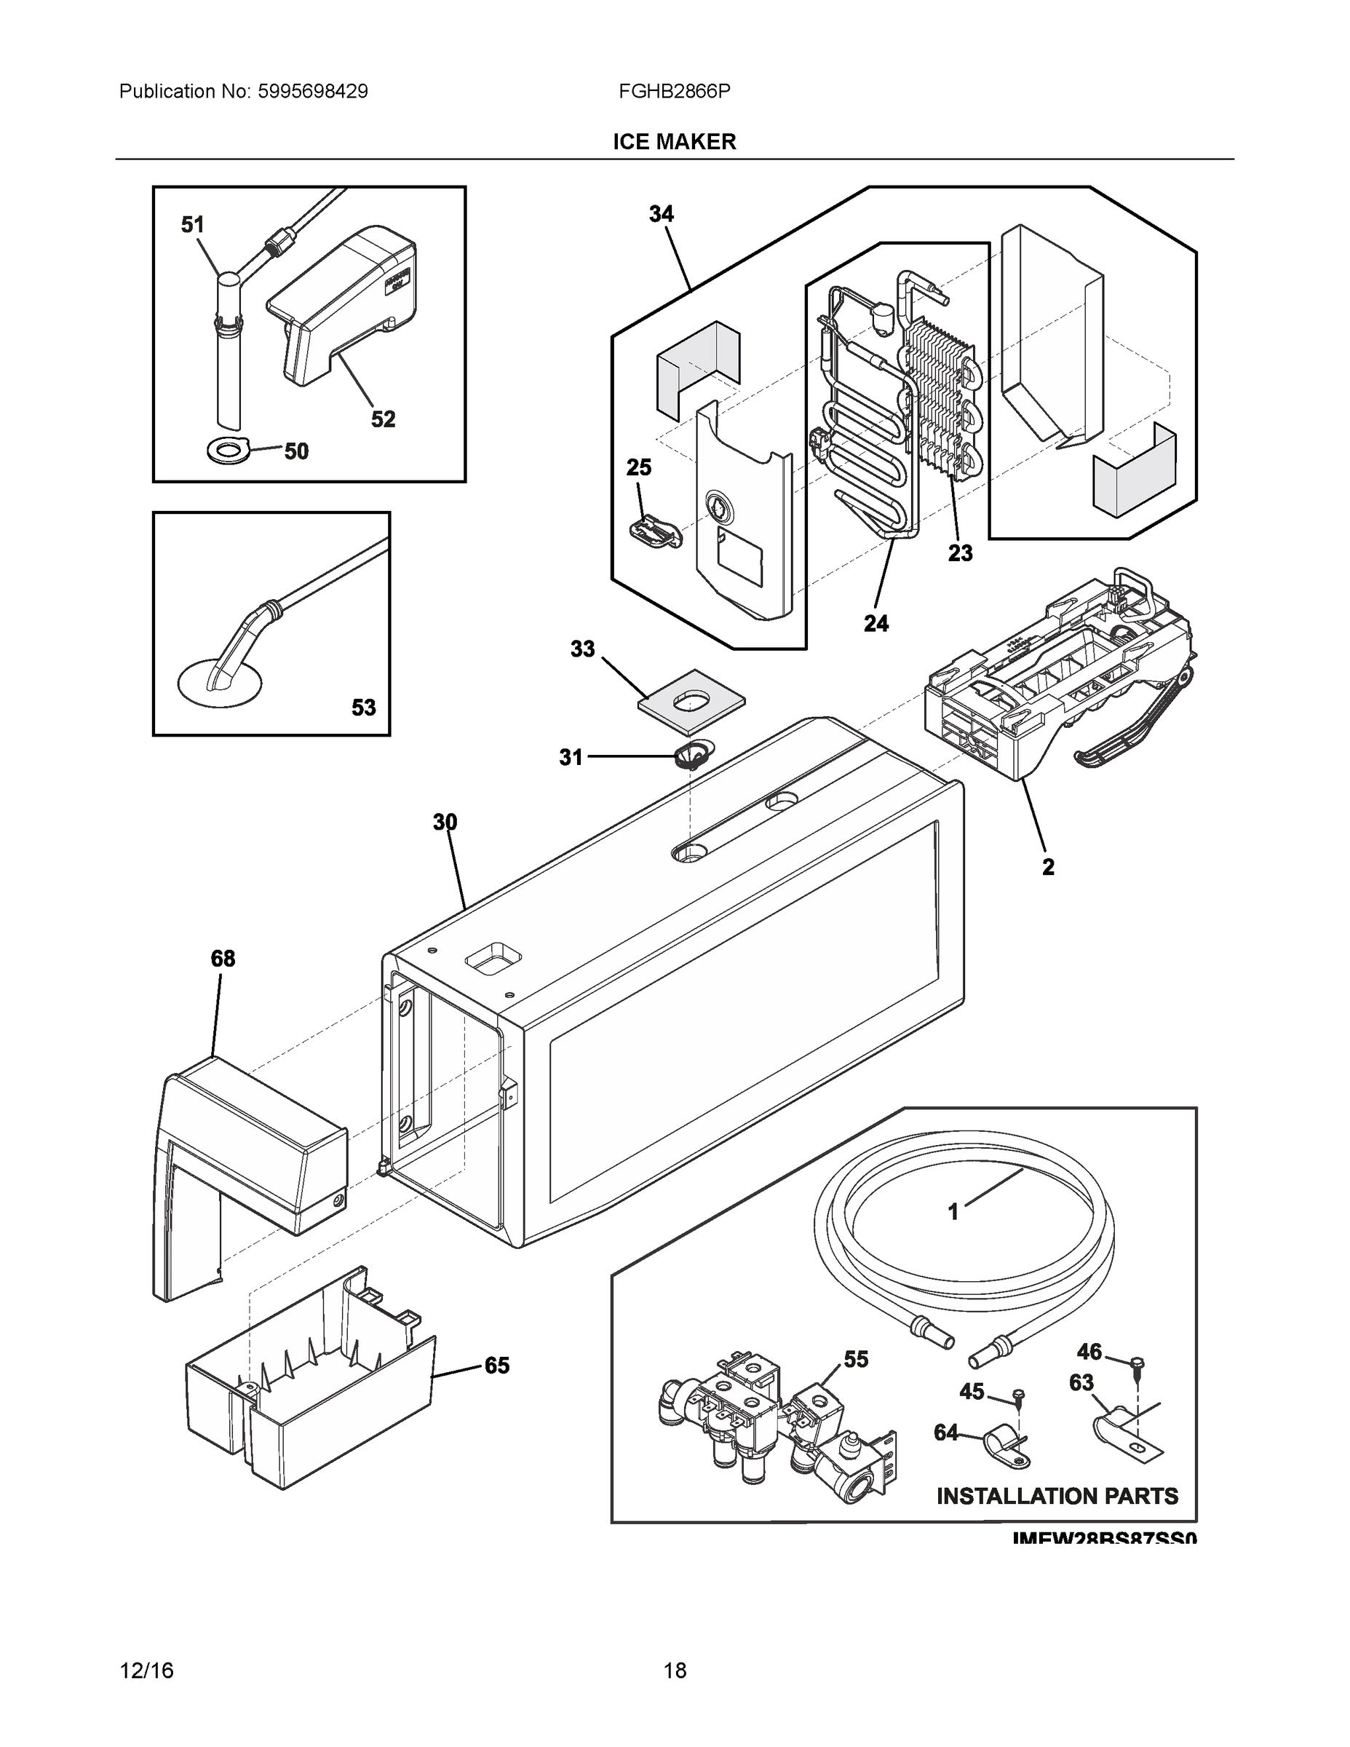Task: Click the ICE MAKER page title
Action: coord(674,142)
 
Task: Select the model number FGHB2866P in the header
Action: coord(674,92)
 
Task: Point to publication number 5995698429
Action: coord(313,92)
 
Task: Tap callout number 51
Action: coord(193,226)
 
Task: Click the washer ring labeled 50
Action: coord(228,451)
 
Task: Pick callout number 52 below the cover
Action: coord(383,419)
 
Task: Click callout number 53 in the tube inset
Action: coord(363,707)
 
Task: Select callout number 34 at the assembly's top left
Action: coord(662,215)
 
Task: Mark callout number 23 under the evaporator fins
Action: coord(961,552)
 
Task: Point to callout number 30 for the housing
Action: coord(445,823)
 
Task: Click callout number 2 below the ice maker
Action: coord(1048,867)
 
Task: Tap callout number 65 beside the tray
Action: coord(496,1366)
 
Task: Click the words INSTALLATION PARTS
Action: coord(1057,1496)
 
